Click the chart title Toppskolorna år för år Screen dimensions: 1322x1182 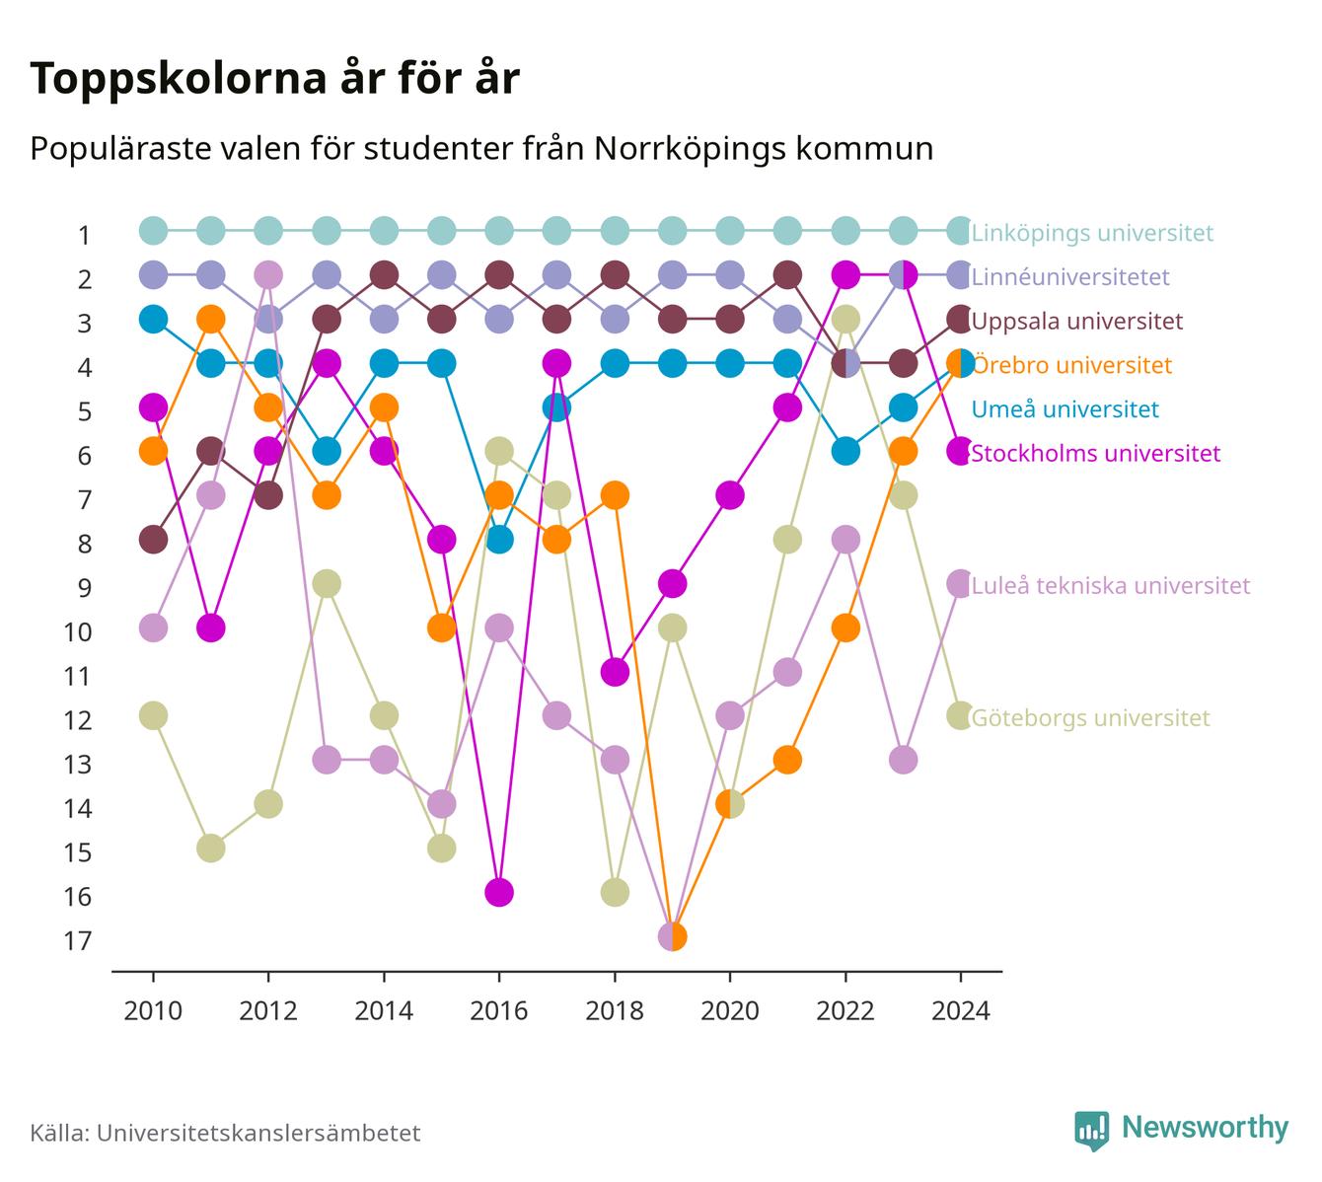point(274,78)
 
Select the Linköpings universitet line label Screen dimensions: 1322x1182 point(1092,232)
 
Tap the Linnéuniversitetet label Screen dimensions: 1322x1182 point(1070,276)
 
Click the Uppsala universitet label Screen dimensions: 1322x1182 point(1076,321)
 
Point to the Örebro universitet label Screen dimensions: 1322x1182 point(1072,365)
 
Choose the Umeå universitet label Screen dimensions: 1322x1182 point(1065,409)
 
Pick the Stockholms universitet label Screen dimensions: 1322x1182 point(1095,453)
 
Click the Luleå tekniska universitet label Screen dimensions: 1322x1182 point(1111,585)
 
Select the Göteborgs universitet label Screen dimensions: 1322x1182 point(1090,718)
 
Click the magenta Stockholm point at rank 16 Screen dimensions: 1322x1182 point(499,892)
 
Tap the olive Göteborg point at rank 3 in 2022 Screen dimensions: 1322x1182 point(845,319)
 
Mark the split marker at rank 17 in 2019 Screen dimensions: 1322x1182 point(672,936)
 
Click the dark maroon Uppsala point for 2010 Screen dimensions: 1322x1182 point(153,540)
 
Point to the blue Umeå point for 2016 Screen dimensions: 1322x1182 point(499,540)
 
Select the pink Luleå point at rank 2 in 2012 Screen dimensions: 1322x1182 point(268,274)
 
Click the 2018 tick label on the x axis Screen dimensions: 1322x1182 point(614,1011)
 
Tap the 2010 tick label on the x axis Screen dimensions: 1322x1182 point(153,1011)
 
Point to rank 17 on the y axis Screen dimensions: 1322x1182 point(77,940)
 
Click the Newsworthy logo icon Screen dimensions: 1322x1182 point(1092,1131)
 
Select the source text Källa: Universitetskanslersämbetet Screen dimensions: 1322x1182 point(225,1133)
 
